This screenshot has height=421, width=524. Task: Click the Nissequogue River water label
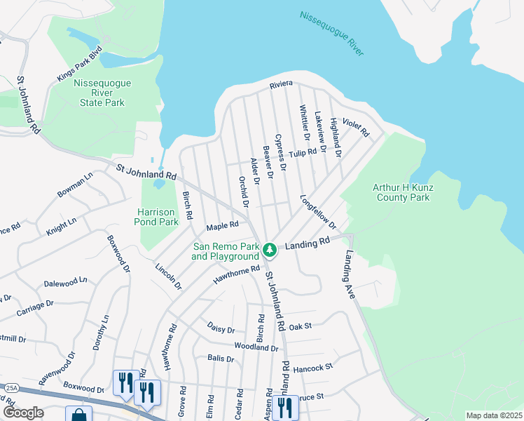331,32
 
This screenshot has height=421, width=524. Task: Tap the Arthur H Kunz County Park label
411,192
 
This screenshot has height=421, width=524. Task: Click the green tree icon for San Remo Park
270,249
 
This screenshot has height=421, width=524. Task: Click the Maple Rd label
223,226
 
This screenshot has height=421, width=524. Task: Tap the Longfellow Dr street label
319,212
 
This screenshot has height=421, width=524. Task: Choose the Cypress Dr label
281,152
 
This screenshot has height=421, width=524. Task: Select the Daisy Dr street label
221,328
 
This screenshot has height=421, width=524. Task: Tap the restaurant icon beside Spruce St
284,406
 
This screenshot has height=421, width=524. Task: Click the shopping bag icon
78,415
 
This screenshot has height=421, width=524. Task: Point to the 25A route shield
11,387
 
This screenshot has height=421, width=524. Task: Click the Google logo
22,413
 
